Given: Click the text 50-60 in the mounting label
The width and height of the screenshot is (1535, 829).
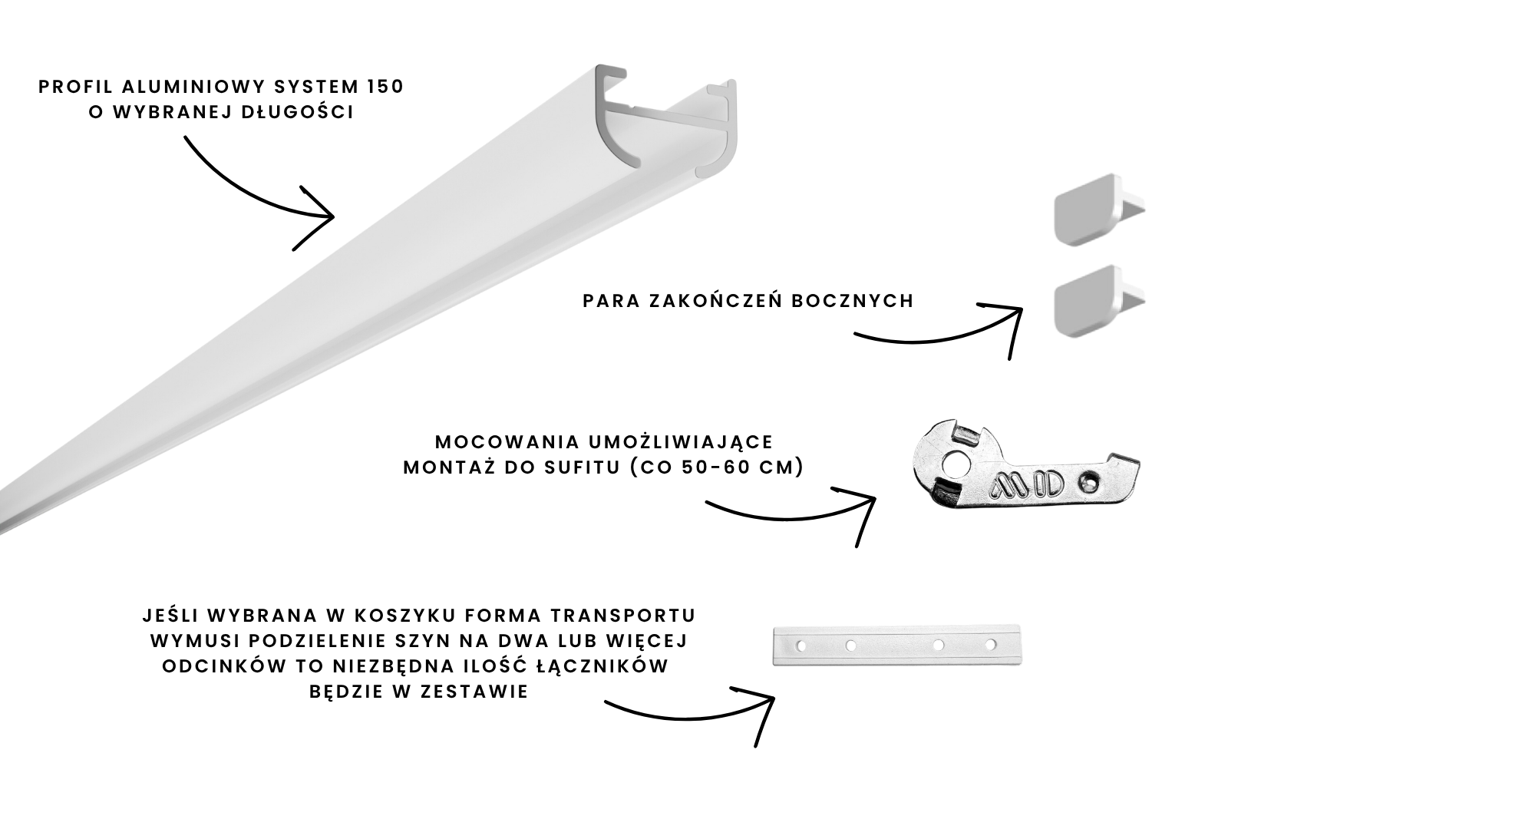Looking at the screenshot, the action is pos(713,467).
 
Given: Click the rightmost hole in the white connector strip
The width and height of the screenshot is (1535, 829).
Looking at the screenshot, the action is pos(991,644).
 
